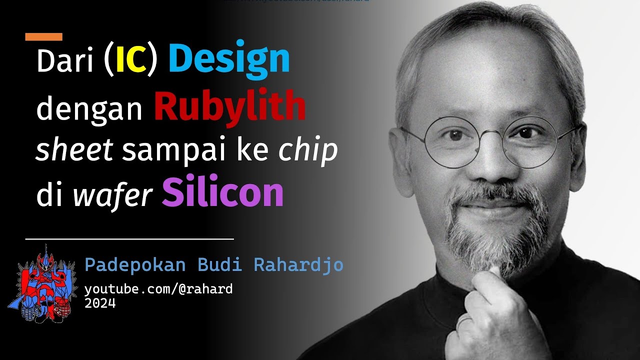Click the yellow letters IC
click(131, 61)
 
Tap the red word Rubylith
click(229, 106)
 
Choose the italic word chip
click(308, 150)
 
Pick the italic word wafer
click(112, 195)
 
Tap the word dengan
click(89, 108)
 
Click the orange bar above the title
click(43, 36)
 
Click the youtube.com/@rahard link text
click(158, 289)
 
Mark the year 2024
click(100, 303)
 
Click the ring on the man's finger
click(463, 321)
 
